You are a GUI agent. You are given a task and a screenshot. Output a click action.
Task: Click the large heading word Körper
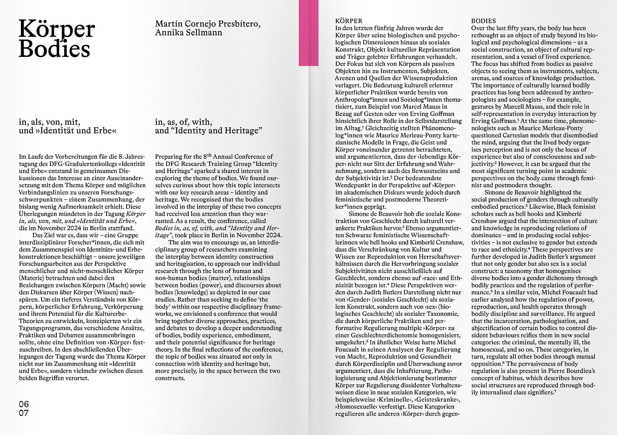[56, 29]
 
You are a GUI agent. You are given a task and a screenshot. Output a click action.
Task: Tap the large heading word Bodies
[54, 49]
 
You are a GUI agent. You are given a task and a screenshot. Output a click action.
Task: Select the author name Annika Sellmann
[188, 33]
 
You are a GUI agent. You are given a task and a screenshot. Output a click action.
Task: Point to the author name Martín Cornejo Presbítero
[208, 24]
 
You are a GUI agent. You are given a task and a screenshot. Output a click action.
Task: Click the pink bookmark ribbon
[308, 32]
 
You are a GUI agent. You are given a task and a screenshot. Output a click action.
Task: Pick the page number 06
[24, 404]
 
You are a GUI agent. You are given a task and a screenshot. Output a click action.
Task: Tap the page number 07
[24, 413]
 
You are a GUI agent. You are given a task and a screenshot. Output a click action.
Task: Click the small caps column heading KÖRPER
[349, 21]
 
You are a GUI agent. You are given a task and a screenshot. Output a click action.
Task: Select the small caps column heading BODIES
[484, 21]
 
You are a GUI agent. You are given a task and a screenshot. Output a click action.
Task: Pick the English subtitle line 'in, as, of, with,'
[183, 122]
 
